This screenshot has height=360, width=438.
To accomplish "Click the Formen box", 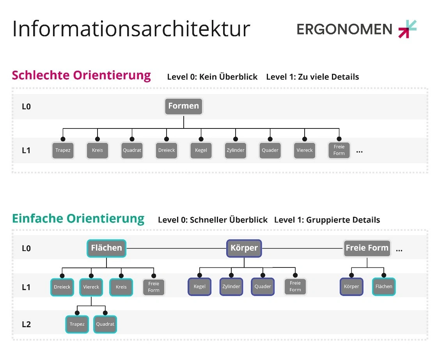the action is coord(184,106).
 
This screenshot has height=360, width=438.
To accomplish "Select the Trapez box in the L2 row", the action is coord(77,324).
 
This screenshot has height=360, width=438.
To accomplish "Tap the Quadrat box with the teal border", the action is coord(105,324).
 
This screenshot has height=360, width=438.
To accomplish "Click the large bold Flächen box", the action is coord(106,248).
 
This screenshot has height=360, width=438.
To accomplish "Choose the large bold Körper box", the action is coord(244,248).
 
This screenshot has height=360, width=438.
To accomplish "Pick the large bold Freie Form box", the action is coord(367,248).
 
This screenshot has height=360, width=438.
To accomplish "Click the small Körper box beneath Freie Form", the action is coord(351,287).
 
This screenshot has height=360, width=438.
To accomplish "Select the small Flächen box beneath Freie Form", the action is coord(384,287).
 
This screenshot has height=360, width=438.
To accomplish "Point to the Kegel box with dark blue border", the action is coord(199,287).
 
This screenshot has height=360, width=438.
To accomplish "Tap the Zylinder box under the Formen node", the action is coord(236,150).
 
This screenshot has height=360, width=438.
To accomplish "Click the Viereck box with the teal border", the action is coord(91,287).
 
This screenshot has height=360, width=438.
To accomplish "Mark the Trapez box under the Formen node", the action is coord(63,150).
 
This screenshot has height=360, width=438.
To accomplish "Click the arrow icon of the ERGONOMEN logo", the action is coord(408,29).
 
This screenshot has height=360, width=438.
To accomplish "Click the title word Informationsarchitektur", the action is coord(131,29).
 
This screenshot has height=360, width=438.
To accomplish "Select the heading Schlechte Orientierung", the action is coord(81,75).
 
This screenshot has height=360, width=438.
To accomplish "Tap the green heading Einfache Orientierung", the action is coord(78,219).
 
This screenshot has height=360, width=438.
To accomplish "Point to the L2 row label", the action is coord(26,324).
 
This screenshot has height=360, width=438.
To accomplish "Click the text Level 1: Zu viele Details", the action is coord(312,77).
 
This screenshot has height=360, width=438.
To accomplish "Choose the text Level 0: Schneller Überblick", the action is coord(213,220).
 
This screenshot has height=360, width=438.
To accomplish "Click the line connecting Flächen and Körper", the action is coord(176,248).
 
